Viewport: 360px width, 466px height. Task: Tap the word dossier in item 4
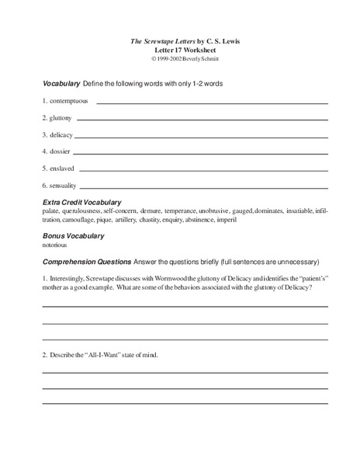tap(59, 151)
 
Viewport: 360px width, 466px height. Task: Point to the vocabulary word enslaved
tap(61, 168)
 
